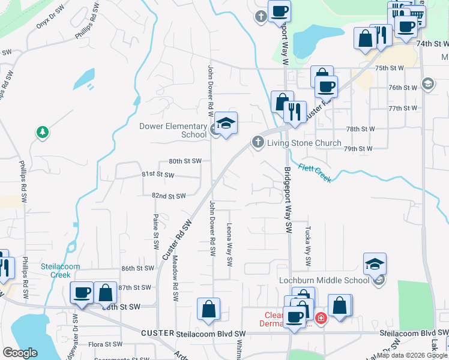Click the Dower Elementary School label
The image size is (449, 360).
[173, 130]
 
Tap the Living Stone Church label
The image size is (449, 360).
[304, 143]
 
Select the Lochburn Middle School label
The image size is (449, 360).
[324, 280]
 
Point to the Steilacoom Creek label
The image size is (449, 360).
[56, 271]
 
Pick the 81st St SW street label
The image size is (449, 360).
[157, 175]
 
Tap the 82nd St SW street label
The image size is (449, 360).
[169, 196]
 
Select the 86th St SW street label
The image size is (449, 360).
[137, 268]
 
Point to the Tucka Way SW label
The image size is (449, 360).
[307, 246]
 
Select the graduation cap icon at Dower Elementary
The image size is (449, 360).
[226, 124]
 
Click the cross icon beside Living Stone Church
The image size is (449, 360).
[258, 142]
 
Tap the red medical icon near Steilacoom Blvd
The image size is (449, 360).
[321, 318]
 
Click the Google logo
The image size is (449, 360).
[20, 353]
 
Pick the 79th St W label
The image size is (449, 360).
[358, 148]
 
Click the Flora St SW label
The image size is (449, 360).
[106, 344]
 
